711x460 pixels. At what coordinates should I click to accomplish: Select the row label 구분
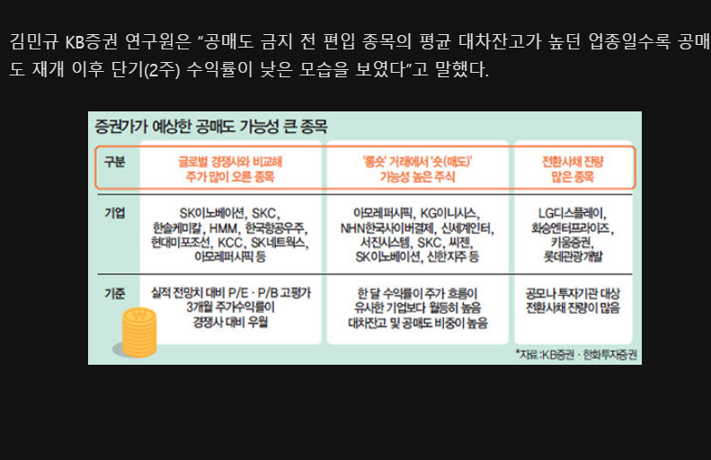pyautogui.click(x=114, y=163)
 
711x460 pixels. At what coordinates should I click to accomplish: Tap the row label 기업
pyautogui.click(x=114, y=213)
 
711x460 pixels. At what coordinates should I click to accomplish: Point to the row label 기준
pyautogui.click(x=114, y=294)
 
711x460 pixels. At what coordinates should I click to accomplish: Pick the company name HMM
pyautogui.click(x=221, y=228)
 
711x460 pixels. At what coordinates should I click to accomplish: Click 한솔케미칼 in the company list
pyautogui.click(x=179, y=228)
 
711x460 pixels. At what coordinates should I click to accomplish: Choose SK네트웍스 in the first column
pyautogui.click(x=279, y=243)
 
